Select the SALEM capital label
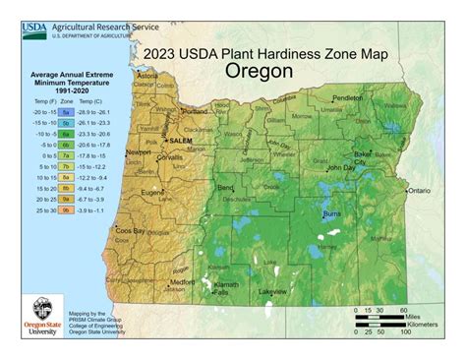tap(181, 142)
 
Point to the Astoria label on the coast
tap(148, 77)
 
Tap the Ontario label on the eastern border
tap(422, 190)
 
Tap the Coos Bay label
tap(131, 231)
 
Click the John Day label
tap(341, 167)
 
